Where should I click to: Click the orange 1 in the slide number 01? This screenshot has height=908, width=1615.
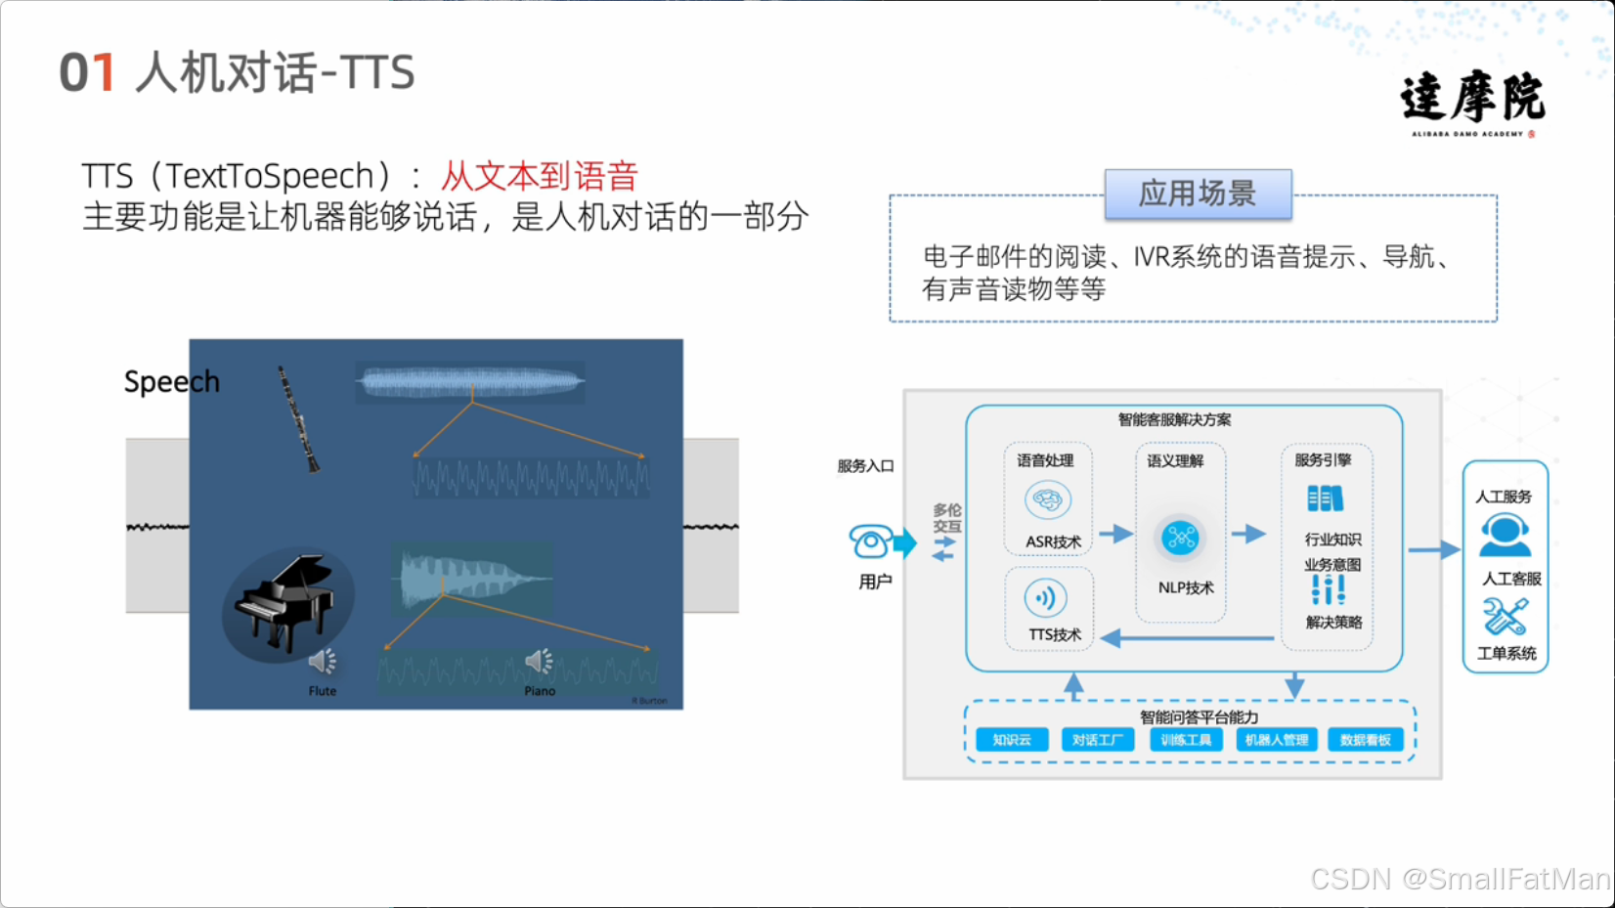(x=102, y=73)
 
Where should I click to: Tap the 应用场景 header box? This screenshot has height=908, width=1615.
(x=1198, y=194)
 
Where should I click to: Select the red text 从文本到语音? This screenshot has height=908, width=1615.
(x=539, y=176)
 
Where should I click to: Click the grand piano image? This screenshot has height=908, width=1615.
(x=285, y=601)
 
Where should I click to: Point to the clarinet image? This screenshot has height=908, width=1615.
(x=298, y=419)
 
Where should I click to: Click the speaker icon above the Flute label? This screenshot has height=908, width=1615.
(x=322, y=662)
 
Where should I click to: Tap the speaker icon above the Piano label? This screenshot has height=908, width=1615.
(x=539, y=662)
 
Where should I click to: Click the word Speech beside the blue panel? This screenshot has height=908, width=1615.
(x=171, y=381)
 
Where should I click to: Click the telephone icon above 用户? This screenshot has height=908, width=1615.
(x=870, y=540)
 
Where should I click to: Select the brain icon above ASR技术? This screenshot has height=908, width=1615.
(x=1047, y=500)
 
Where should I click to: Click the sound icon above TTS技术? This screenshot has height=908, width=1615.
(x=1045, y=598)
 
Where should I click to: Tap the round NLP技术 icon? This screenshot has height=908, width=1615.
(x=1180, y=538)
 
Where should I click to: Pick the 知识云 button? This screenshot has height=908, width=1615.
(x=1012, y=740)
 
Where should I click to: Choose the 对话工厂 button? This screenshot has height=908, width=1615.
(x=1098, y=740)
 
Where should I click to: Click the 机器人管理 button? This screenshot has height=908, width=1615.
(x=1277, y=740)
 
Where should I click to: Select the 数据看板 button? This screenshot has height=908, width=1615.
(x=1365, y=740)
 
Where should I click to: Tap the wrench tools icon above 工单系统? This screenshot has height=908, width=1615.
(x=1505, y=617)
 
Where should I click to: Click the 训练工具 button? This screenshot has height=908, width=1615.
(x=1186, y=740)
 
